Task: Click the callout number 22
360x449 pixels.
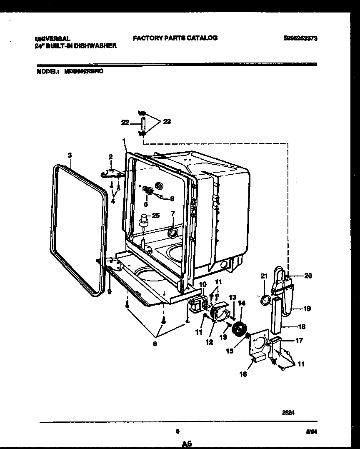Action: (x=125, y=122)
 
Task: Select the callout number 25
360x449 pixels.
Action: (x=155, y=215)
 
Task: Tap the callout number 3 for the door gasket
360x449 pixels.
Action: (x=70, y=156)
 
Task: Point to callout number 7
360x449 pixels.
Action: (x=173, y=214)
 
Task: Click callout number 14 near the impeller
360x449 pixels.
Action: (x=242, y=304)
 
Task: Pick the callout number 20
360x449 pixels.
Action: (x=308, y=276)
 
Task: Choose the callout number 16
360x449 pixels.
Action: (x=243, y=374)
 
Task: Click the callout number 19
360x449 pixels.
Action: (x=307, y=309)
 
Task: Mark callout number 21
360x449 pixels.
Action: (x=263, y=275)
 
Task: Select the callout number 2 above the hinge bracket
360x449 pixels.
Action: (x=110, y=157)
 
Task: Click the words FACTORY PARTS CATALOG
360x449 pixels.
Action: (x=175, y=38)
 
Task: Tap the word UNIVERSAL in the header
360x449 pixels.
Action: (x=52, y=38)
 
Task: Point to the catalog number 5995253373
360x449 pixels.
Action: (x=300, y=38)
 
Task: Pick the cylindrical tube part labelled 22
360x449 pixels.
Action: (x=141, y=123)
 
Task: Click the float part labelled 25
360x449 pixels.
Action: (x=145, y=220)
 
